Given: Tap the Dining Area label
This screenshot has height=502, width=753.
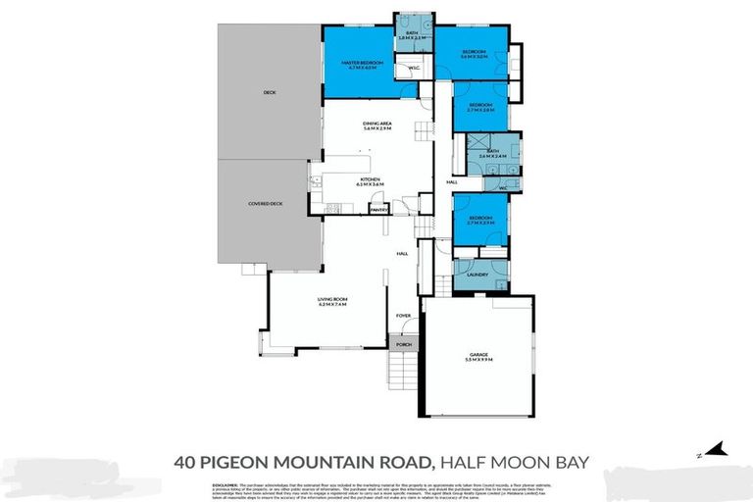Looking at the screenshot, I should point(376,125).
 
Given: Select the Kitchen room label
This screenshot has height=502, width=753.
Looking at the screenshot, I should point(370,181).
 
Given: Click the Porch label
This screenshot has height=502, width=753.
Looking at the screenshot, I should point(403,344).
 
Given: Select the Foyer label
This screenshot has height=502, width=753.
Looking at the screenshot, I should point(402,316).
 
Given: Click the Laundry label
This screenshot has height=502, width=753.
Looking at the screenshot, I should point(477,276).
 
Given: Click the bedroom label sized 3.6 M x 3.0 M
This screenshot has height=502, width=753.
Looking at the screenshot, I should point(475,53).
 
